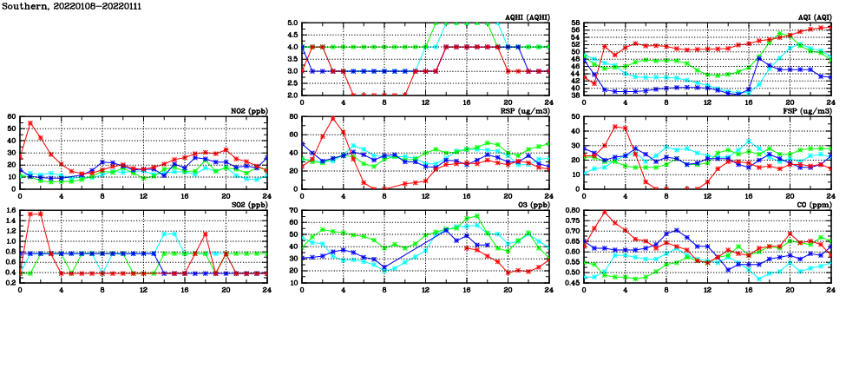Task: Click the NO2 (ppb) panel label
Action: pos(248,111)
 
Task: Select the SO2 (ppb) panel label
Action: pos(248,205)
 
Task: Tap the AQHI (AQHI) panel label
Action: pos(528,17)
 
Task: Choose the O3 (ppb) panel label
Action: pos(533,205)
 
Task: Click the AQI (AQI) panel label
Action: pos(814,17)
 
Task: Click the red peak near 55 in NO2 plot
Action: pos(30,122)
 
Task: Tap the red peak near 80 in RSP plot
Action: pos(333,118)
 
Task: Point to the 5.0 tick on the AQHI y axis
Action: pos(292,23)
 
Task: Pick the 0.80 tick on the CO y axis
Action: pos(572,210)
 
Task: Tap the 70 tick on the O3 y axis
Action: pos(293,210)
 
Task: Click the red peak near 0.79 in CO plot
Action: pos(605,213)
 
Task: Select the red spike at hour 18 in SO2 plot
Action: pos(206,233)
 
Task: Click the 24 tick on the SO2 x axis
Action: pos(267,290)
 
